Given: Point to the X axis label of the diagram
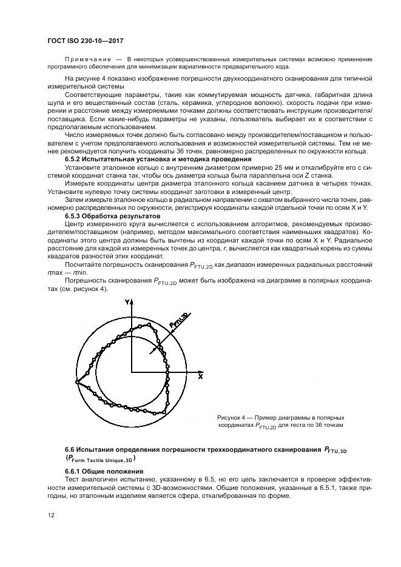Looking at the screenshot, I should click(200, 376).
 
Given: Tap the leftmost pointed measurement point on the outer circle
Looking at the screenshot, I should click(76, 381).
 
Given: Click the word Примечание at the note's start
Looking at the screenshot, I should click(84, 59).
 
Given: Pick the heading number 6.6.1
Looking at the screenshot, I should click(73, 471).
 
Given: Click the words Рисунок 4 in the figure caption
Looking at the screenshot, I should click(232, 418).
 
